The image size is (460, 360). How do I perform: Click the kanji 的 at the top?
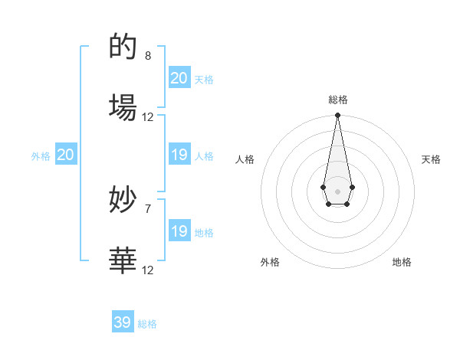point(123,47)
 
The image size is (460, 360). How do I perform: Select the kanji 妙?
point(123,201)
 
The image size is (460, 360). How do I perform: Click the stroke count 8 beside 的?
point(148,56)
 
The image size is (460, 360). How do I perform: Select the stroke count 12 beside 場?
point(148,117)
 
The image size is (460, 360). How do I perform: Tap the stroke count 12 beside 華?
point(148,270)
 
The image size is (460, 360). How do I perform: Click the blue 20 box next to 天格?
point(179,78)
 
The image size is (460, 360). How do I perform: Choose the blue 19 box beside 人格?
point(179,155)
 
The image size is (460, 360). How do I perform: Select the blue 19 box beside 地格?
point(179,231)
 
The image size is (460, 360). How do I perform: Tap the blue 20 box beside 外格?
point(66,155)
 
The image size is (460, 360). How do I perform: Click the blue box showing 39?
point(123,322)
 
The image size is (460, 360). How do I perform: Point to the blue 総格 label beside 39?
point(147,324)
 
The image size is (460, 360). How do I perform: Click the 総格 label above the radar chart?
point(337,100)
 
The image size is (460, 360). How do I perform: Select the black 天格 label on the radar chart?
point(432,159)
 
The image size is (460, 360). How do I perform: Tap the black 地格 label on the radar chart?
point(402,262)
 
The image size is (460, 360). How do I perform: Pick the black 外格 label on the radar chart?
point(270,262)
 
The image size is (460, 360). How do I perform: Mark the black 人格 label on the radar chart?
point(245,159)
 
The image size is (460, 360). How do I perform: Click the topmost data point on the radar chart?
point(337,116)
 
